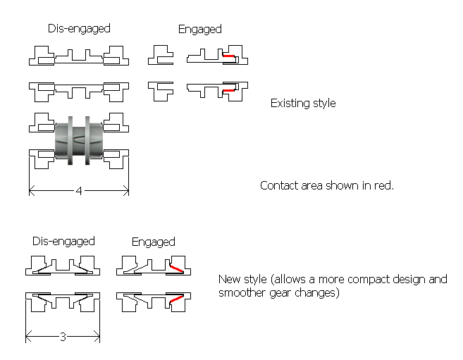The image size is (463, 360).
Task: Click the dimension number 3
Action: pyautogui.click(x=62, y=337)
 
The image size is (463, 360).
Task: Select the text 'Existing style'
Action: pyautogui.click(x=303, y=104)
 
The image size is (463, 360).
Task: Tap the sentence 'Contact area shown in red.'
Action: pyautogui.click(x=327, y=186)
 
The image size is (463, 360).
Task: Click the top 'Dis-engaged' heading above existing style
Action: pyautogui.click(x=79, y=29)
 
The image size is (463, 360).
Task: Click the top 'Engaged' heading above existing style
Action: pyautogui.click(x=200, y=29)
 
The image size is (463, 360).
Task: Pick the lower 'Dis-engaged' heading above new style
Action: pyautogui.click(x=63, y=242)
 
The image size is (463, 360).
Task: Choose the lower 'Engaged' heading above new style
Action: pyautogui.click(x=153, y=242)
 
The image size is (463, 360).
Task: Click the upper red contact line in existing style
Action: pyautogui.click(x=229, y=56)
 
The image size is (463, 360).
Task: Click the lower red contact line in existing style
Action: pyautogui.click(x=228, y=91)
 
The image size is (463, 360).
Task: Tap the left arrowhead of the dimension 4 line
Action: pyautogui.click(x=32, y=190)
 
